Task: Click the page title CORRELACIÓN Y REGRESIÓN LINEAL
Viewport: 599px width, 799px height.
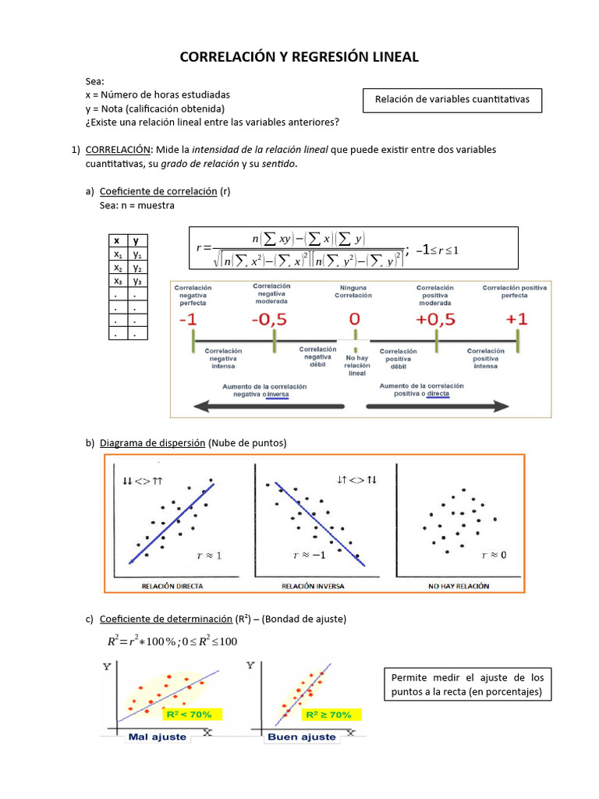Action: (299, 57)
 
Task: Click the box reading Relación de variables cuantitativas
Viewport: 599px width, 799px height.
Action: (452, 100)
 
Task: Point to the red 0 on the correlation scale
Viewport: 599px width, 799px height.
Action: (354, 320)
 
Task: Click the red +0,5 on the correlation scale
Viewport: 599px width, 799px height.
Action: (436, 320)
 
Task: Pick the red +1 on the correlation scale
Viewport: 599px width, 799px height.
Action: (517, 320)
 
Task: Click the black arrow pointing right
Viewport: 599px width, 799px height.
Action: (437, 407)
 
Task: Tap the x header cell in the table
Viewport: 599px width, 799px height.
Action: (117, 241)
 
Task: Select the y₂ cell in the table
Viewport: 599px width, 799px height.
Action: (137, 268)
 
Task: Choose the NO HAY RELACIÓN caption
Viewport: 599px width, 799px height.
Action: (459, 584)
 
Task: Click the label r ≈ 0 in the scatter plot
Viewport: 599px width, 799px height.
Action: (494, 556)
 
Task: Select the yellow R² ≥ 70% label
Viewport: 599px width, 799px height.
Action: (328, 714)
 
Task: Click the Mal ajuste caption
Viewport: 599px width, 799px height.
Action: (157, 737)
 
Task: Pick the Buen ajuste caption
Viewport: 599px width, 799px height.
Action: (302, 737)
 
